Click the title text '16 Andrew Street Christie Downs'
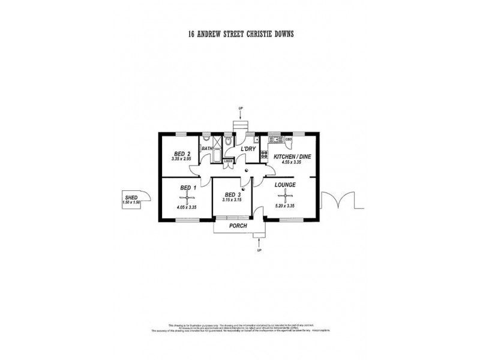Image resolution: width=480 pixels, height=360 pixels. point(240,35)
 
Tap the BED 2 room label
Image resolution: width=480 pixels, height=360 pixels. point(181,154)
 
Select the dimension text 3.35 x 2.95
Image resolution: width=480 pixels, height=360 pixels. point(181,160)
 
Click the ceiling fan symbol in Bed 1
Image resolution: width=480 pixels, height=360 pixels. point(187,196)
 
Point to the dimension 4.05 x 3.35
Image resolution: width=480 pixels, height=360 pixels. point(187,207)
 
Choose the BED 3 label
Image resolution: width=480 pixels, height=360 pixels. point(233,194)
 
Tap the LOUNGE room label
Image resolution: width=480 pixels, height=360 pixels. point(286,185)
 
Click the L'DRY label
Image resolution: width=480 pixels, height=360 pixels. point(248,148)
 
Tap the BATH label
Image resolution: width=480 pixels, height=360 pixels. point(207,148)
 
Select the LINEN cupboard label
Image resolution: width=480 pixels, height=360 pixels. point(228,161)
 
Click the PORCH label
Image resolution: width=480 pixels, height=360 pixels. point(239,226)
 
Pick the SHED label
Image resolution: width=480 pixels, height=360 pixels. point(131,197)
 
